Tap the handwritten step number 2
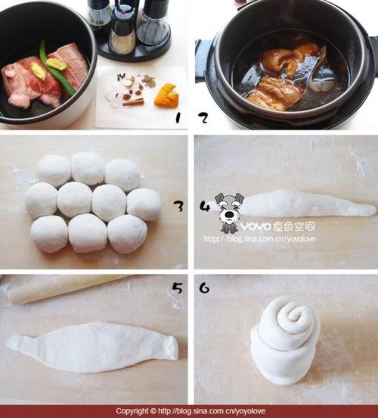(203, 118)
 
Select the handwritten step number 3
(178, 206)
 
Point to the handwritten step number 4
(205, 207)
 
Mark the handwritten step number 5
(178, 289)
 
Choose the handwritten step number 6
(204, 288)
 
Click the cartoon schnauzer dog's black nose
(228, 214)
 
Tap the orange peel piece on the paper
(166, 95)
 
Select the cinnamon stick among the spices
(133, 101)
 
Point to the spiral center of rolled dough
(296, 315)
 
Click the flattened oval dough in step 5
(91, 347)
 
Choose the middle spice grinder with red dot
(122, 30)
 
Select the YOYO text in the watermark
(256, 227)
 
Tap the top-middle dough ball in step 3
(88, 168)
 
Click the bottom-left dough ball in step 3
(49, 234)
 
